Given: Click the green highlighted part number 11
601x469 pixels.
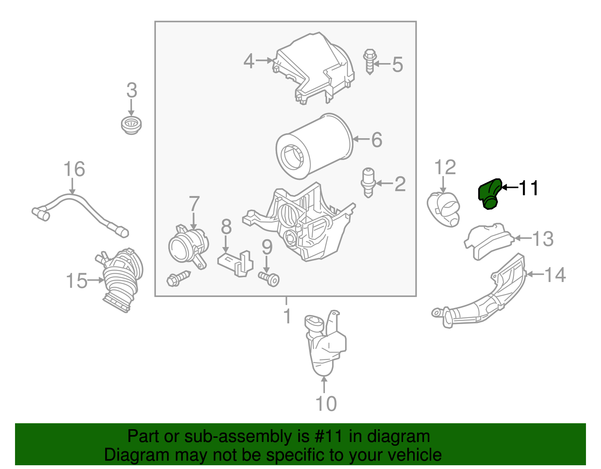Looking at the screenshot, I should coord(489,194).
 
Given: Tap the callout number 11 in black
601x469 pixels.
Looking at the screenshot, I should coord(529,188).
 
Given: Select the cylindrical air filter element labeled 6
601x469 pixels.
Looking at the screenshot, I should coord(314,146).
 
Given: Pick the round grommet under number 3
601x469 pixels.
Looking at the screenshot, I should coord(131,125).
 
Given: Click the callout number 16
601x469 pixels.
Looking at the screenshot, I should coord(74,169).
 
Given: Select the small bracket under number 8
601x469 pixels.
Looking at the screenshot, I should coord(235,263).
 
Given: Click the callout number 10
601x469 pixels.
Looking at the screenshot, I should coord(326,404).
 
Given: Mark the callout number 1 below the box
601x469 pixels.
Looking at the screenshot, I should coord(287,316).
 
